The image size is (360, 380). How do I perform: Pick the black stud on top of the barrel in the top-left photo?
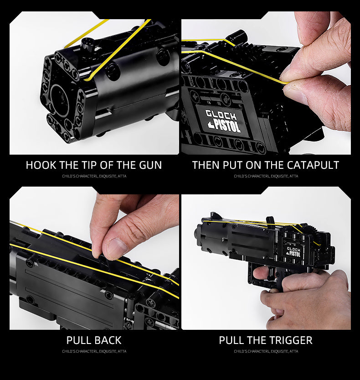click(87, 44)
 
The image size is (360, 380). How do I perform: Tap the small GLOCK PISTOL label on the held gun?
click(293, 251)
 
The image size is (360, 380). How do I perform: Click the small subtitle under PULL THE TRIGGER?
click(266, 351)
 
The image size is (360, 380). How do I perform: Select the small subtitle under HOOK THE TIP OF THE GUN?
click(94, 176)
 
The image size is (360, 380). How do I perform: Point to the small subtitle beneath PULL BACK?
click(94, 351)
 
